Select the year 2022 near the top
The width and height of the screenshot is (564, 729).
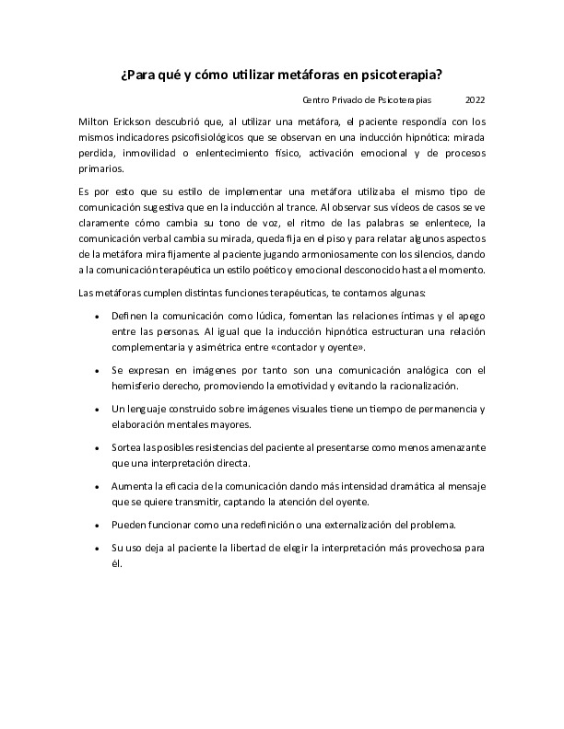(x=476, y=99)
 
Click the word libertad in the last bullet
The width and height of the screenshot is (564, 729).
(x=229, y=548)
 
